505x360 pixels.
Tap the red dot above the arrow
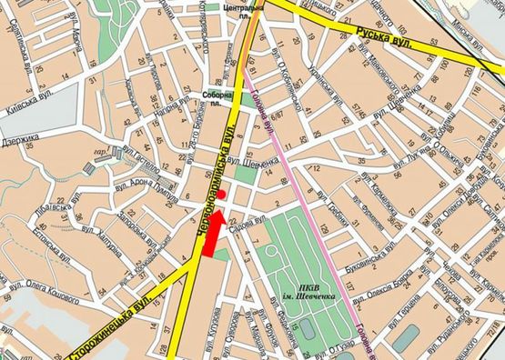point(223,193)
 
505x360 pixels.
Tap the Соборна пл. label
point(217,97)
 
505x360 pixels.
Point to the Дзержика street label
point(17,141)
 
